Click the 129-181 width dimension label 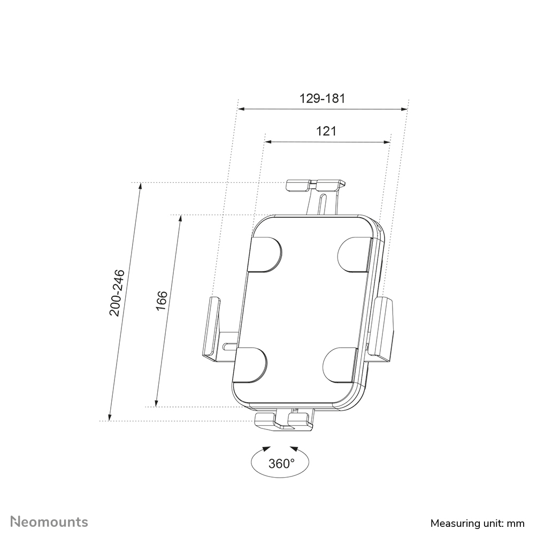[322, 98]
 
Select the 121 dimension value [326, 131]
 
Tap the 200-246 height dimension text [117, 293]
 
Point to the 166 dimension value [162, 301]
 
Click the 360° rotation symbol [281, 463]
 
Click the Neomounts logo [49, 521]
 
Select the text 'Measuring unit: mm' [477, 523]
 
